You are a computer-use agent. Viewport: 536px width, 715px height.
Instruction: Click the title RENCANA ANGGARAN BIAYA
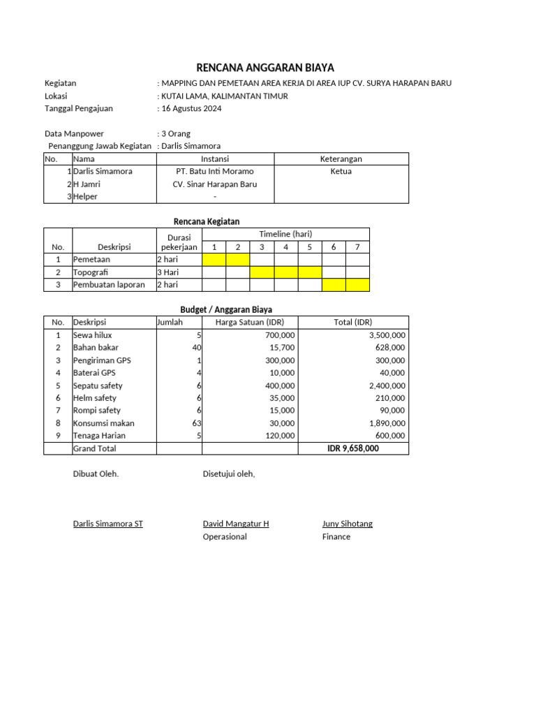point(265,68)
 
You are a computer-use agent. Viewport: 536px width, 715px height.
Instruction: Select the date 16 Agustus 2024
point(191,108)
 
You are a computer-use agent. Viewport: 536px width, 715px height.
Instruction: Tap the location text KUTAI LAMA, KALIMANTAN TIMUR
point(224,96)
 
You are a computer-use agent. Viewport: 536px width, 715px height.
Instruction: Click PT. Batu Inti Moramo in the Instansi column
point(215,171)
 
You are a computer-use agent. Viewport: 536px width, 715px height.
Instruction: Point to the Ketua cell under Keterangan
point(341,171)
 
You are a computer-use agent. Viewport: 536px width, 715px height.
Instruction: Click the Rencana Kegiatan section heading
point(207,221)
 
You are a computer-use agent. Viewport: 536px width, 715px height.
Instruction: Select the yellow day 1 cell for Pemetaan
point(214,260)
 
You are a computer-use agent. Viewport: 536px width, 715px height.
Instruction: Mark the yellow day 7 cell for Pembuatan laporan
point(357,285)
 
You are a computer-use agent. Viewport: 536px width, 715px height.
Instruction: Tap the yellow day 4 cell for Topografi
point(285,272)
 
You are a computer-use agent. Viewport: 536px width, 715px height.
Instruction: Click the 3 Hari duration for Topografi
point(169,272)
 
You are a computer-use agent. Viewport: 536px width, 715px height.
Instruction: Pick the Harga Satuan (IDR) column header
point(250,322)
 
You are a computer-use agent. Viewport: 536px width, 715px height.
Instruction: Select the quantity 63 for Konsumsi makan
point(197,423)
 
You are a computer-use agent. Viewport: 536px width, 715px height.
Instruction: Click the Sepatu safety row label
point(98,385)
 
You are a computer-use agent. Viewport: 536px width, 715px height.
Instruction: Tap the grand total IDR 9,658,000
point(353,448)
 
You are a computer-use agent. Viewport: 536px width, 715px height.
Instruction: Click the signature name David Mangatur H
point(236,524)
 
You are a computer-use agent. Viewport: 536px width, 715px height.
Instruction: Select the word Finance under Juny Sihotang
point(336,537)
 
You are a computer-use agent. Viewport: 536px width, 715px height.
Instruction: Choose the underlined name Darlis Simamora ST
point(108,524)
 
